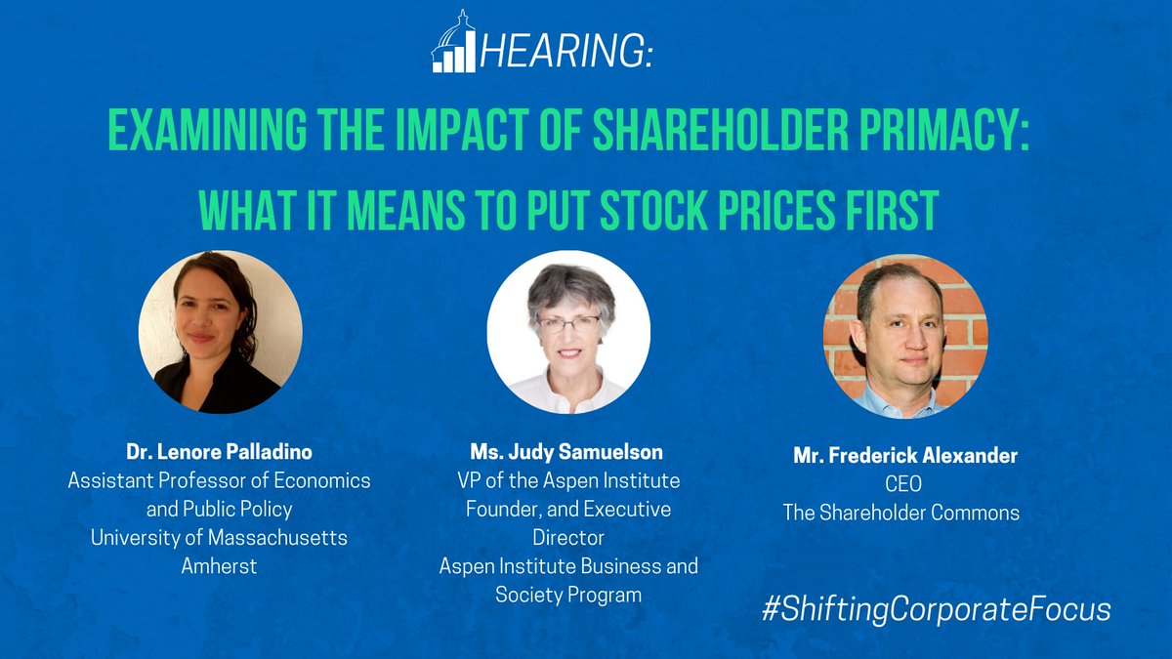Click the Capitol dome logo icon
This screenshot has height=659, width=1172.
point(453,43)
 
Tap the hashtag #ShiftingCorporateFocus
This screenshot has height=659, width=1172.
point(937,609)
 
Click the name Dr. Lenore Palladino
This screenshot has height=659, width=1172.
point(220,452)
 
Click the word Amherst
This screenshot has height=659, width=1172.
point(220,565)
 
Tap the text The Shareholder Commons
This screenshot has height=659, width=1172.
point(901,512)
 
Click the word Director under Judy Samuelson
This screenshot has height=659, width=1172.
point(569,537)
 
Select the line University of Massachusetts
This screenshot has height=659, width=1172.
point(220,537)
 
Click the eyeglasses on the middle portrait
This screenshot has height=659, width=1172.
point(567,324)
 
